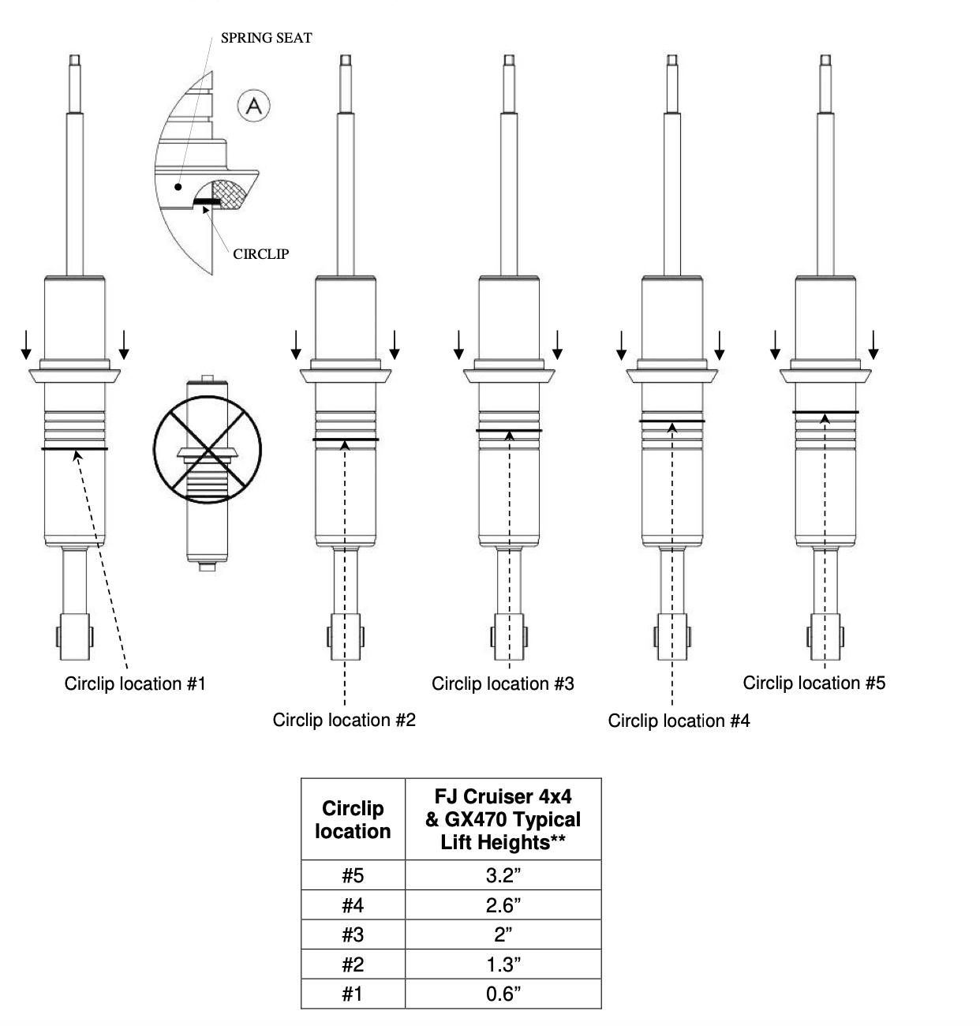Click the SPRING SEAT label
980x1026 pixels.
[266, 38]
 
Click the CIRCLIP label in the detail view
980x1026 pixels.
[260, 254]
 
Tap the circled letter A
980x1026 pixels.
[254, 105]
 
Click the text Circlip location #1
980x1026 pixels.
[135, 683]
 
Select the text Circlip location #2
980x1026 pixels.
[344, 720]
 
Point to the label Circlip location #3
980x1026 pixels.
[503, 683]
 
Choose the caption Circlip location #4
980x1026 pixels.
[679, 721]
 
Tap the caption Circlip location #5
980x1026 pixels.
[814, 683]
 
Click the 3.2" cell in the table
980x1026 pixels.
[503, 875]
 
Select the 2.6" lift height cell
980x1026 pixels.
[503, 905]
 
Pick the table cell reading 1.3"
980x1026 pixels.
[503, 964]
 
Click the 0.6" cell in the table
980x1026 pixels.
[503, 994]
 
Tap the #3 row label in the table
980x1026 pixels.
[353, 934]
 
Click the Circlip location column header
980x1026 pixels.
[353, 819]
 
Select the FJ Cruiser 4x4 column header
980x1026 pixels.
[503, 819]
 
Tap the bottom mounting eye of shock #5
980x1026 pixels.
[825, 636]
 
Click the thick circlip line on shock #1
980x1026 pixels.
[75, 449]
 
